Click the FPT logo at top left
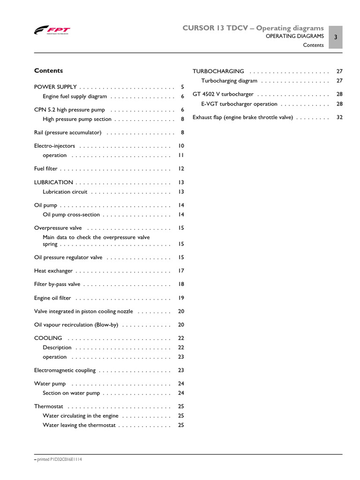pos(52,31)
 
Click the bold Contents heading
pos(48,71)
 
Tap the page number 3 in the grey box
pos(336,37)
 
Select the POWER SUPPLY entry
pos(55,87)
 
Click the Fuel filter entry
pos(45,169)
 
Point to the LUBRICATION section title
pos(53,182)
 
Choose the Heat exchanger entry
pos(53,271)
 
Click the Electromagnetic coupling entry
pos(65,370)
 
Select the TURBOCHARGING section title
pos(218,71)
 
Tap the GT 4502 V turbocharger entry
pos(223,94)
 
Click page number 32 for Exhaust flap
pos(339,118)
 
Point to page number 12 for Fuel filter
pos(181,169)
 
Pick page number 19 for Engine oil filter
pos(181,298)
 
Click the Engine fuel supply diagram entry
pos(75,97)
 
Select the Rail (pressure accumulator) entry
pos(67,133)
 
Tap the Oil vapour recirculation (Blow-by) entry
pos(76,325)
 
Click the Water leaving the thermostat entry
pos(79,425)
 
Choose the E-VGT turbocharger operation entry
pos(239,104)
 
